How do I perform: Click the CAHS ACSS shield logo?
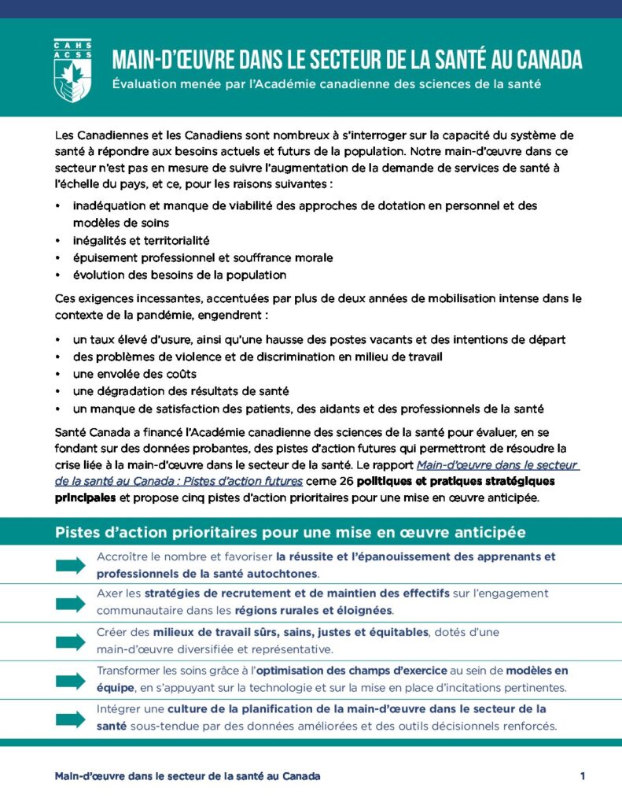72,70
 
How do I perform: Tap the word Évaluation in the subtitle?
145,84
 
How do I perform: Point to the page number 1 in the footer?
583,776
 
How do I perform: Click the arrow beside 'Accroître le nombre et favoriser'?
70,564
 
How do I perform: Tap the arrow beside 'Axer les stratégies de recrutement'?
70,603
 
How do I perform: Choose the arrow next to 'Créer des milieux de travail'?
70,641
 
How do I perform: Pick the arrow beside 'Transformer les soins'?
70,680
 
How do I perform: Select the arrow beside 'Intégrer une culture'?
70,718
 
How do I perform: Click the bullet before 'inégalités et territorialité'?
58,241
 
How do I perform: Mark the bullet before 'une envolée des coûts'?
58,374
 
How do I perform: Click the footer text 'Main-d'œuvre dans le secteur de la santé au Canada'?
187,776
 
